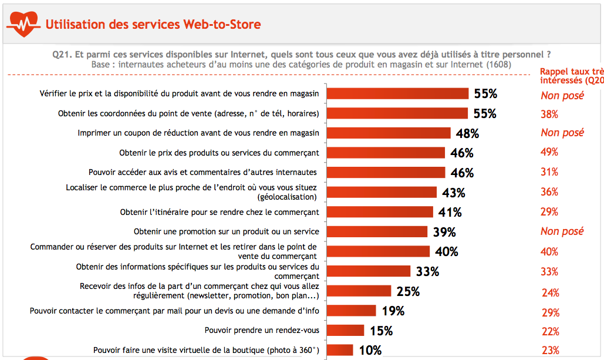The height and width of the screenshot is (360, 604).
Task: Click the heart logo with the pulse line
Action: tap(23, 23)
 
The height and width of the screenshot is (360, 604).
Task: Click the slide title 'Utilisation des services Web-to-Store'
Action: tap(153, 25)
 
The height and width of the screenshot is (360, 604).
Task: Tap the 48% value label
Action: tap(467, 133)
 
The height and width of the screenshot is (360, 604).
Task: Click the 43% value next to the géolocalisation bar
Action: tap(454, 193)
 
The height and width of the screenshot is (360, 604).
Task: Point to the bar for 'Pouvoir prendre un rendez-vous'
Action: tap(345, 331)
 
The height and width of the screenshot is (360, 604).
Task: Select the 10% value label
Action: tap(370, 351)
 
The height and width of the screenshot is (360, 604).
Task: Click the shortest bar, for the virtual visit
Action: tap(340, 351)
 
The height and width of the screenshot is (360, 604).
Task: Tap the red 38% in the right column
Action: tap(549, 115)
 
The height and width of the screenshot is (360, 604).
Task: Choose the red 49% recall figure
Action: tap(549, 152)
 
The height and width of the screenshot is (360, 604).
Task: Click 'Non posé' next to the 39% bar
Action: tap(562, 231)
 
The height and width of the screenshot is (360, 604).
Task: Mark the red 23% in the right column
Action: tap(550, 351)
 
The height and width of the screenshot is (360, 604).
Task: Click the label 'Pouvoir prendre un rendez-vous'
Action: tap(262, 331)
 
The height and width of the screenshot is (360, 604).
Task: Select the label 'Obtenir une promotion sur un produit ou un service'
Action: tap(227, 231)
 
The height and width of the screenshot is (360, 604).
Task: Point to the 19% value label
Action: tap(393, 311)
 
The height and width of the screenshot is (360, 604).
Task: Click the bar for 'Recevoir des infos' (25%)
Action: tap(359, 291)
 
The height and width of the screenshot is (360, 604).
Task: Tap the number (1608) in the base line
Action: tap(499, 65)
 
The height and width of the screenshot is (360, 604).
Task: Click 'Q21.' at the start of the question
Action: tap(62, 54)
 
